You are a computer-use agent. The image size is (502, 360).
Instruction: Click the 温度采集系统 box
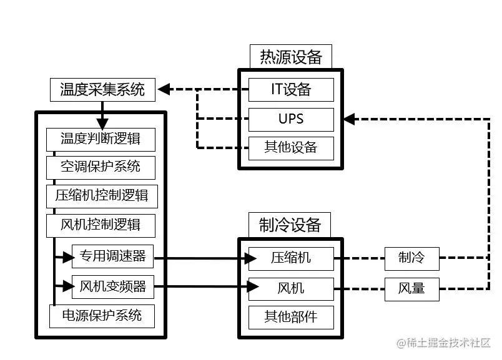[102, 89]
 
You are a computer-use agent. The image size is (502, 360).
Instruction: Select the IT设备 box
[291, 89]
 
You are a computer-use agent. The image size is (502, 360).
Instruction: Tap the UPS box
[291, 119]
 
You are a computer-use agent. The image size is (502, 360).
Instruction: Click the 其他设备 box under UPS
[291, 148]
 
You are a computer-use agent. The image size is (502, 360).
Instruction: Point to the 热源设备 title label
[290, 57]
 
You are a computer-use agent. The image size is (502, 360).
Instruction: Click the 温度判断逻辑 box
[101, 139]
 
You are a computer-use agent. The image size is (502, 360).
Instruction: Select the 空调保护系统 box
[101, 167]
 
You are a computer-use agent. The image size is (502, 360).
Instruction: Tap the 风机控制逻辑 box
[101, 224]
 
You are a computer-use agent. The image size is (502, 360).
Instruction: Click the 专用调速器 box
[113, 256]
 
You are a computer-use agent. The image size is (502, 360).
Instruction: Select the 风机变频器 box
[113, 286]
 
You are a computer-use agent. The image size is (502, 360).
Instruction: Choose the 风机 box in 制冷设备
[291, 288]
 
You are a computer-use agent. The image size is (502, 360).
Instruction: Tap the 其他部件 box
[291, 317]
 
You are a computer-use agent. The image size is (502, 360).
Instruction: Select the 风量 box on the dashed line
[411, 288]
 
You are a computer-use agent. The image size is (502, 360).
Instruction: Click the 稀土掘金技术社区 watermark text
[445, 343]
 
